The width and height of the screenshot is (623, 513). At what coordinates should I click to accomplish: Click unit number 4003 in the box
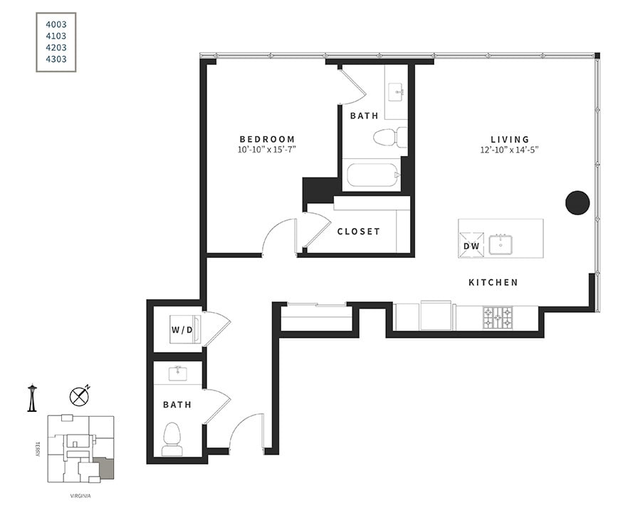point(56,24)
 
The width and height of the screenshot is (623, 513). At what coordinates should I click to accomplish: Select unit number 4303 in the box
point(56,59)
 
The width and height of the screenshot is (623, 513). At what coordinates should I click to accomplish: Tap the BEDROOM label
point(267,139)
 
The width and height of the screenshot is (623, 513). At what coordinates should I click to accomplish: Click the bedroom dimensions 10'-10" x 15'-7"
point(267,150)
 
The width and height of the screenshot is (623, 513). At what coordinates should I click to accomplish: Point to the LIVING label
point(510,140)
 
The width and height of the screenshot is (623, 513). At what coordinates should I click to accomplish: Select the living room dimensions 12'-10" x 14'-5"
point(510,150)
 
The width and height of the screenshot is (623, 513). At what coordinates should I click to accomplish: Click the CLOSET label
point(358,232)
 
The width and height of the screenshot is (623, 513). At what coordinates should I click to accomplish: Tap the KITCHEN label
point(493,283)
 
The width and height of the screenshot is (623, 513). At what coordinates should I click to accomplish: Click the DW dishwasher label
point(471,247)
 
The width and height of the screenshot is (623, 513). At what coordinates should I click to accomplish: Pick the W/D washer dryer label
point(181,330)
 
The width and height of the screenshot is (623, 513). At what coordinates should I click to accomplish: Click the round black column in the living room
point(577,203)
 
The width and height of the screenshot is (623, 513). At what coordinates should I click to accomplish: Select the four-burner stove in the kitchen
point(498,317)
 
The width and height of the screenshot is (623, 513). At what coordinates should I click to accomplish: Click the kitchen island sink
point(503,244)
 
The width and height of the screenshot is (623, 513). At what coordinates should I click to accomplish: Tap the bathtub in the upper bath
point(372,175)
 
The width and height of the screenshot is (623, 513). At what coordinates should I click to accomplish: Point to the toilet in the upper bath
point(389,137)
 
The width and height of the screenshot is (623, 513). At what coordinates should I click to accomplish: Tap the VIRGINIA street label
point(80,496)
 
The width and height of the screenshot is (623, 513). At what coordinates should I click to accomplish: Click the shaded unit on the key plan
point(105,469)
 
